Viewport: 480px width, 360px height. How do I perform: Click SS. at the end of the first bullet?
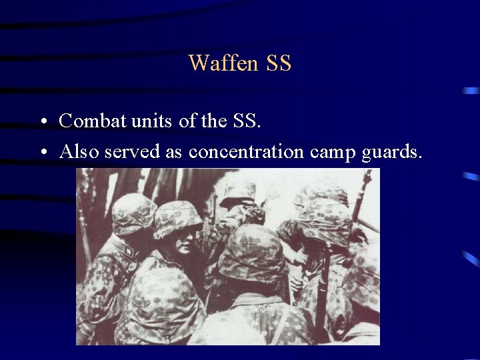click(x=247, y=121)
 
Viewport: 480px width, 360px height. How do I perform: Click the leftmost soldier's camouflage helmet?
click(x=133, y=213)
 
